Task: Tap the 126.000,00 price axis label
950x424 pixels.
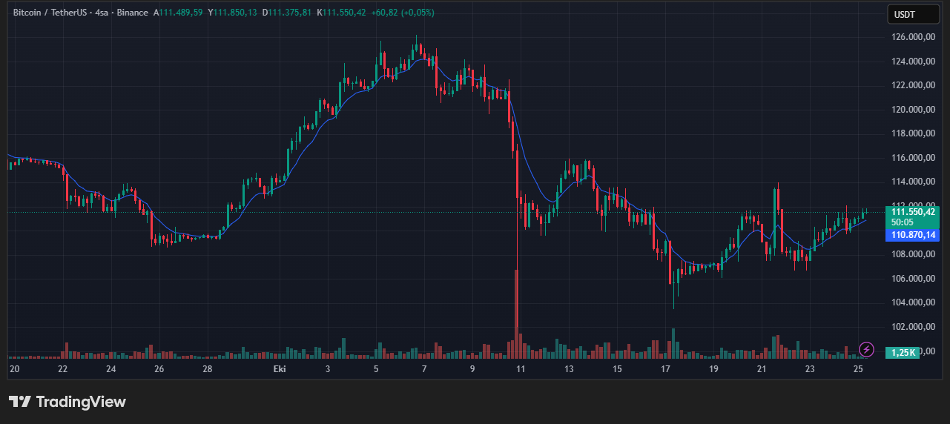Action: [913, 36]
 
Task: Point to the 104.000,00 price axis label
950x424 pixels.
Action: [913, 302]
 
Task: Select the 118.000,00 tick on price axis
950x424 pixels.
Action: [913, 133]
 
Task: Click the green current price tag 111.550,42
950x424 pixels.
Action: [913, 211]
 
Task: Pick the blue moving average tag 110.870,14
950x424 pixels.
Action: [913, 235]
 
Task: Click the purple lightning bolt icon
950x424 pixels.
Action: [865, 349]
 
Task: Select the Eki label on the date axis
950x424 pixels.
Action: [280, 369]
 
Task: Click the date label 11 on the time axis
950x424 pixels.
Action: [521, 369]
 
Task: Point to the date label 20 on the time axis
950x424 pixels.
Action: [14, 369]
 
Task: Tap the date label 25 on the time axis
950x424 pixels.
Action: [858, 369]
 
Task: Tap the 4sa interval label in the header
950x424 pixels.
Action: [103, 13]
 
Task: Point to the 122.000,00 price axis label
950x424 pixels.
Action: [913, 85]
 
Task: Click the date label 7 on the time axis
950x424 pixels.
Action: [424, 369]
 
